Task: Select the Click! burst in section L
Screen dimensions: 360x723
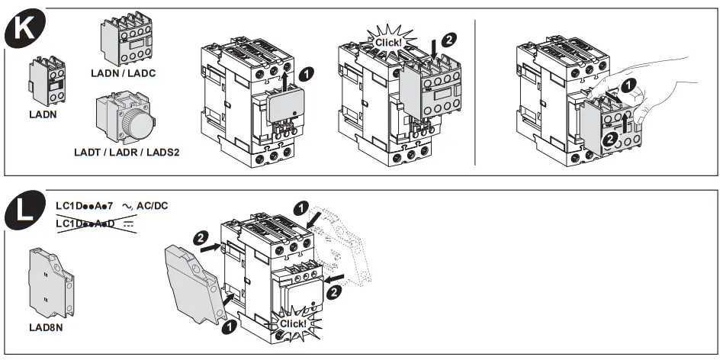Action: (x=293, y=323)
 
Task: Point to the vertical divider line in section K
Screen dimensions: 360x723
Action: (x=476, y=92)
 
